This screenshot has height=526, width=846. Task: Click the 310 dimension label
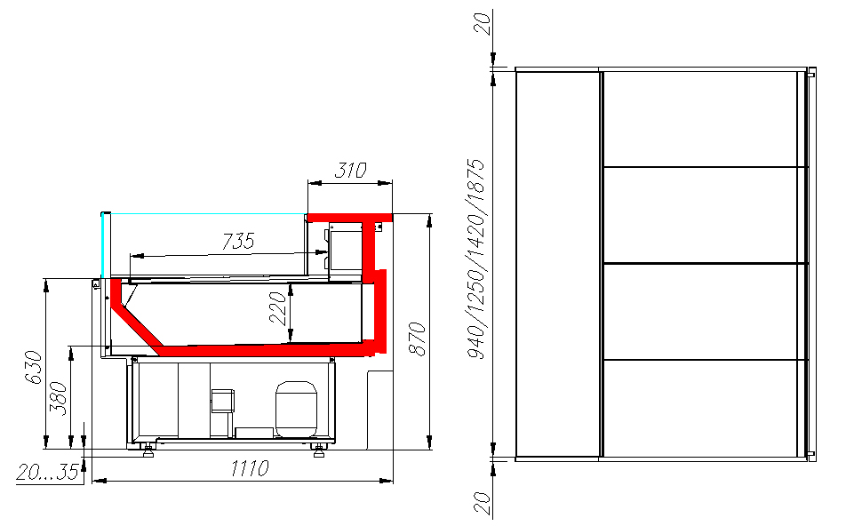[351, 171]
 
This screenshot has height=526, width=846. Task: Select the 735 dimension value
[238, 241]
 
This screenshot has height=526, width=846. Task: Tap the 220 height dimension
[278, 308]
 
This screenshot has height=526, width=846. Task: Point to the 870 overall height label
[417, 339]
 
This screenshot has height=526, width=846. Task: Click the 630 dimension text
[34, 367]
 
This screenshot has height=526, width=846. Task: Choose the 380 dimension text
[59, 399]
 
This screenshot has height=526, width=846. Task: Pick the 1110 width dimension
[250, 468]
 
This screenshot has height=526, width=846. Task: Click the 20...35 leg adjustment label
[48, 472]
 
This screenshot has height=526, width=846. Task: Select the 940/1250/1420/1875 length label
[476, 259]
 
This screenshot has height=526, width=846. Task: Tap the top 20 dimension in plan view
[483, 24]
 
